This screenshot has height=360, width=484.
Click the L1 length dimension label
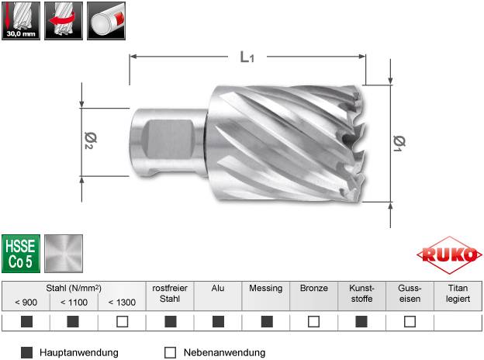click(247, 56)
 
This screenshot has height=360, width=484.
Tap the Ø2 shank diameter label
click(89, 141)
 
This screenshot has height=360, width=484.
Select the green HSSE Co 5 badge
click(20, 253)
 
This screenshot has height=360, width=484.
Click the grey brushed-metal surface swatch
click(63, 253)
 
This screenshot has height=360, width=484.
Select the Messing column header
click(265, 287)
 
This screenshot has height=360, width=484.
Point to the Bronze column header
click(313, 287)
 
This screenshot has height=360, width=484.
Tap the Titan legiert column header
click(457, 292)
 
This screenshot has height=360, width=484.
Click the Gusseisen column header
click(410, 292)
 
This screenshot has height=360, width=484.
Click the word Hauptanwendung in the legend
click(81, 352)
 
